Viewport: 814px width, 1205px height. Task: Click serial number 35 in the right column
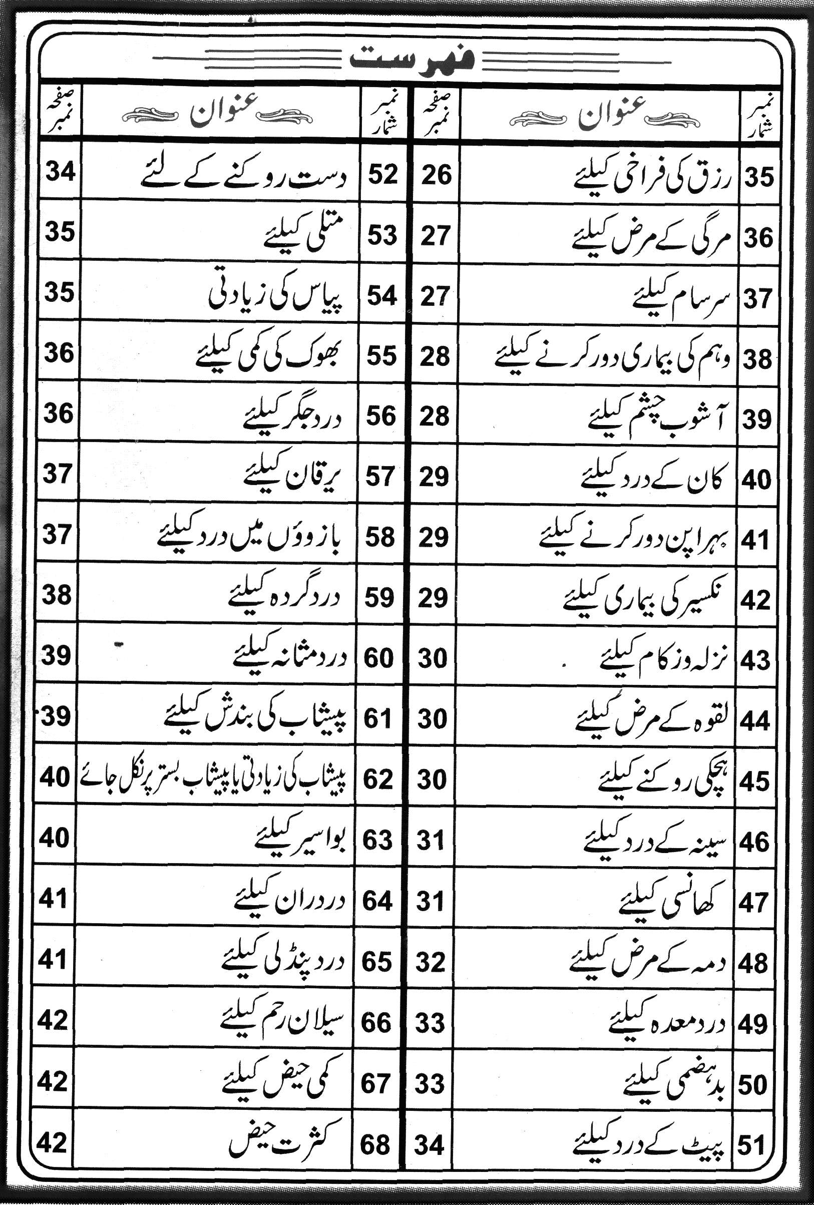click(759, 177)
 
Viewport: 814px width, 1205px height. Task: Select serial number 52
click(382, 174)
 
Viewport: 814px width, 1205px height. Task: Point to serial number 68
click(375, 1142)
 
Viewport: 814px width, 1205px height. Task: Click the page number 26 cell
click(436, 175)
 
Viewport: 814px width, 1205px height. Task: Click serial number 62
click(378, 779)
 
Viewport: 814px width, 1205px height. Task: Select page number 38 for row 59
click(57, 595)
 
